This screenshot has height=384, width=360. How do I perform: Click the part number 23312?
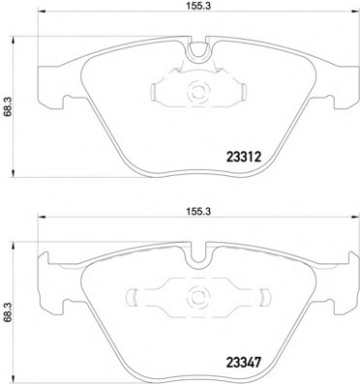click(244, 158)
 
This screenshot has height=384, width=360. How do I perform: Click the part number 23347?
click(244, 363)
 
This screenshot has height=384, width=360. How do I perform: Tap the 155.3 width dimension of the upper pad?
click(198, 7)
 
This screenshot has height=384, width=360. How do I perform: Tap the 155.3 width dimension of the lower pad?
click(198, 212)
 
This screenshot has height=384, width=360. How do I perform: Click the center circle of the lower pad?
click(198, 297)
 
